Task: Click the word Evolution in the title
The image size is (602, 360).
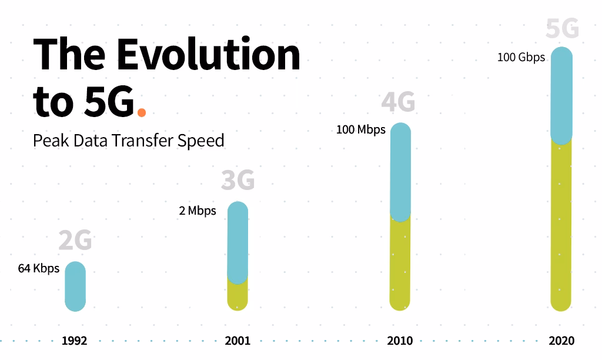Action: point(209,55)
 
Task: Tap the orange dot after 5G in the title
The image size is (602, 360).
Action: point(141,111)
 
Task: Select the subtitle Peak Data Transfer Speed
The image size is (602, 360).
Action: point(129,141)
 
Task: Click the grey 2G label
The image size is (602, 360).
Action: point(75,241)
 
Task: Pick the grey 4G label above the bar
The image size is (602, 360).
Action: point(398,102)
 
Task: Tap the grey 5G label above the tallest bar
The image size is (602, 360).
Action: point(562,28)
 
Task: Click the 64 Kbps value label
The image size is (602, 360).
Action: point(39,269)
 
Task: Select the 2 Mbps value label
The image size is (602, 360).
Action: point(198,211)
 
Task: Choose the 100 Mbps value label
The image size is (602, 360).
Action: point(361,129)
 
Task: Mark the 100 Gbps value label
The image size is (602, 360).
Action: point(521,58)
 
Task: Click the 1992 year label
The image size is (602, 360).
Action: point(75,341)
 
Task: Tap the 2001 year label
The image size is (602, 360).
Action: point(238,341)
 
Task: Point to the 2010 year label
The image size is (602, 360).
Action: point(400,341)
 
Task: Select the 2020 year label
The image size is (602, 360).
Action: point(561,341)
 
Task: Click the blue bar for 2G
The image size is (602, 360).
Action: point(75,286)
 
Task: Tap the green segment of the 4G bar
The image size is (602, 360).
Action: point(400,265)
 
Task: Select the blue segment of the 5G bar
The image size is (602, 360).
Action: point(561,94)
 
